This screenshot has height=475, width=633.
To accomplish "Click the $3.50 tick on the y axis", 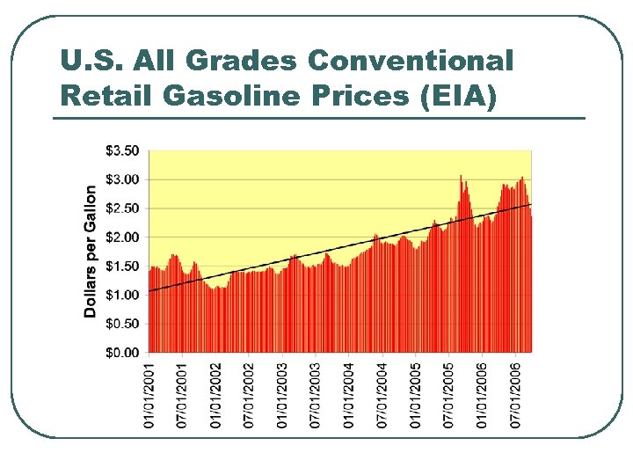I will click(121, 150).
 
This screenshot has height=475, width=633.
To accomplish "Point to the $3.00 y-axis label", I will click(121, 179).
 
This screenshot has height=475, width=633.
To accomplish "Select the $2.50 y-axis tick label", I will click(121, 208).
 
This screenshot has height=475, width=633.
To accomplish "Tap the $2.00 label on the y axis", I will click(121, 237).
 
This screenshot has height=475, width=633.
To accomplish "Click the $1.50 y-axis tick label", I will click(121, 267).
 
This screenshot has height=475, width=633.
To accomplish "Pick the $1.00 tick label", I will click(121, 296).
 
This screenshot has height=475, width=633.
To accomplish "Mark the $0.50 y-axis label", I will click(121, 324).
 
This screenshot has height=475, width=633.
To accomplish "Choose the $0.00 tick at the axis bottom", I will click(121, 353).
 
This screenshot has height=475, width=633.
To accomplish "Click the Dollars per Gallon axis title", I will click(91, 251).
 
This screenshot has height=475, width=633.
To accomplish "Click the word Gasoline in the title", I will click(205, 95).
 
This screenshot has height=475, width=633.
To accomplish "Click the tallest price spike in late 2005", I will click(461, 177).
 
